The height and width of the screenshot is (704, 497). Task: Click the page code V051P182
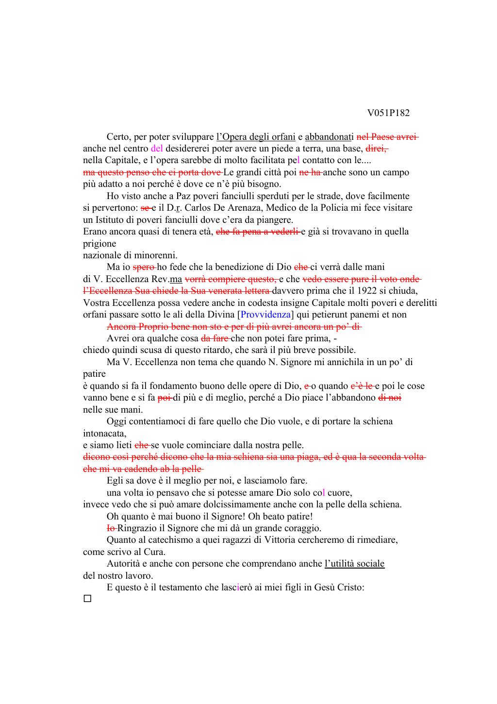388,113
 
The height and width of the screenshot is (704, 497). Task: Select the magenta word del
157,149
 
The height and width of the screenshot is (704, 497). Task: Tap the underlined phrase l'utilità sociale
354,564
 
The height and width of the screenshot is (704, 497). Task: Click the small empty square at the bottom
87,599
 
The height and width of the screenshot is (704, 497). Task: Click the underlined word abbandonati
329,137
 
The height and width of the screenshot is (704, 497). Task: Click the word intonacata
104,433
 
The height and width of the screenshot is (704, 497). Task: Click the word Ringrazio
137,528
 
